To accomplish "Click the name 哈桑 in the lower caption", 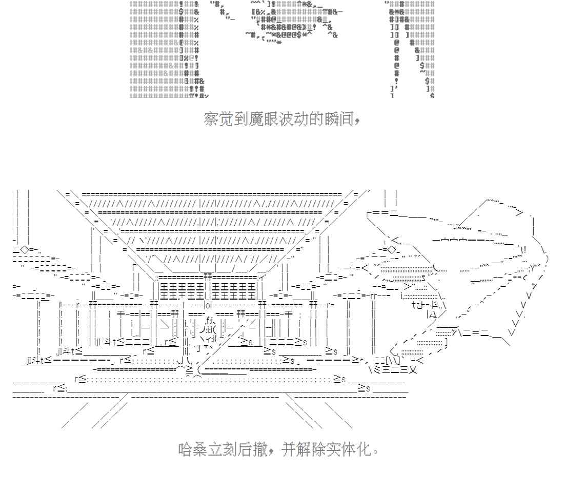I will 193,450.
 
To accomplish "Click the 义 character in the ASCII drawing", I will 412,369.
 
